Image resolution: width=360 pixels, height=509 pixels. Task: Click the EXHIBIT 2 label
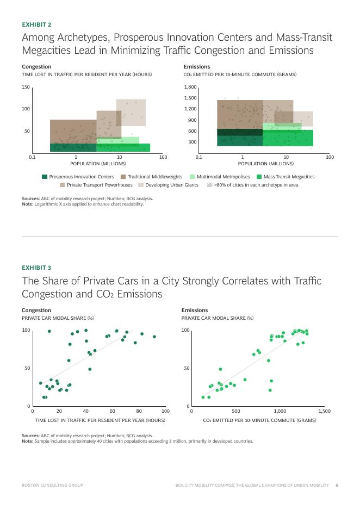36,24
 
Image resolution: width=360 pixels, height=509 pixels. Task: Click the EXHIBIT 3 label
36,268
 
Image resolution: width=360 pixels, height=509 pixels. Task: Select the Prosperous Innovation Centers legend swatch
45,177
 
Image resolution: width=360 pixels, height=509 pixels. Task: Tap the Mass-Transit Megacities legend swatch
259,177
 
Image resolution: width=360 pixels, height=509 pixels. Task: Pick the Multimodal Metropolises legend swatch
193,177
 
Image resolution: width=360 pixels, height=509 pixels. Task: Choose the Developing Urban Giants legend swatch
141,185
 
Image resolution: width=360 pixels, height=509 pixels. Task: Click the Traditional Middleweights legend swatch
123,177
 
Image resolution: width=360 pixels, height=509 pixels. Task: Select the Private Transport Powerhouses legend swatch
63,185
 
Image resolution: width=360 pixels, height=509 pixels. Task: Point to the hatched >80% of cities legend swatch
209,185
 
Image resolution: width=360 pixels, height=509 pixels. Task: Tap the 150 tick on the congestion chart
26,87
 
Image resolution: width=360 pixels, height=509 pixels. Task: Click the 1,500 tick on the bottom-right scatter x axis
324,412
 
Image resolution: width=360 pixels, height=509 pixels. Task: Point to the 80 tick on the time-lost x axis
139,412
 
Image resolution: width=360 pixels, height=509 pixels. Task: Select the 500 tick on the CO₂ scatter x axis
235,412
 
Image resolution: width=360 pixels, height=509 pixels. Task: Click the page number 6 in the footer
337,485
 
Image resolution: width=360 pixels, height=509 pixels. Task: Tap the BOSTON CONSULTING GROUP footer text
52,485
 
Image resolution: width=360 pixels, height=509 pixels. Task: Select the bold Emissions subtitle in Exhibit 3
195,311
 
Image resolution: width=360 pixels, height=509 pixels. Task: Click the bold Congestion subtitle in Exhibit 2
36,67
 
